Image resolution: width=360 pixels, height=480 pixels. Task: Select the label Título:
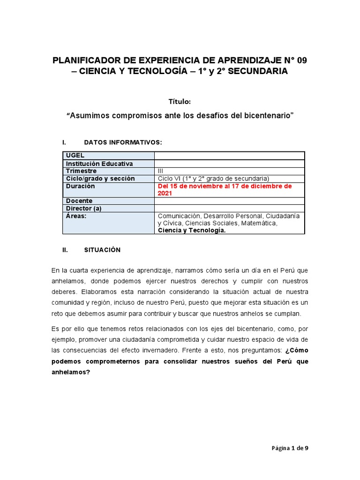180,101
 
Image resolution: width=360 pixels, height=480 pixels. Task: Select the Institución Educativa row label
99,164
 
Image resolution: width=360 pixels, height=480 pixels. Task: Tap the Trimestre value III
162,171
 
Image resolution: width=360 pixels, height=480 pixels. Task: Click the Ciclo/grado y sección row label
100,179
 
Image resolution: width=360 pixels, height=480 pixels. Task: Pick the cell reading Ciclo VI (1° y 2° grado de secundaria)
214,179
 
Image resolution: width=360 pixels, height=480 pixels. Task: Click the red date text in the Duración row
225,189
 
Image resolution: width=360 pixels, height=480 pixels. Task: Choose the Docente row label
79,201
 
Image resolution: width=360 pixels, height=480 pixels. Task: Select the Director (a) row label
84,208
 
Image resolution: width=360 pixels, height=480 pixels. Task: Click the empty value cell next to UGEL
229,156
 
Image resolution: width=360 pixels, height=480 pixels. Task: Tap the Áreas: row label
76,216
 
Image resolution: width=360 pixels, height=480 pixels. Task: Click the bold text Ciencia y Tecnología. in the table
192,230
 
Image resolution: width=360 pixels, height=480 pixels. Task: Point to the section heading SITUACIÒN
102,250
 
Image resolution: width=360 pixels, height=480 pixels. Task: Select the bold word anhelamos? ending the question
71,372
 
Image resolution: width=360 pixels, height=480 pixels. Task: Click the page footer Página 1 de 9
290,448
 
